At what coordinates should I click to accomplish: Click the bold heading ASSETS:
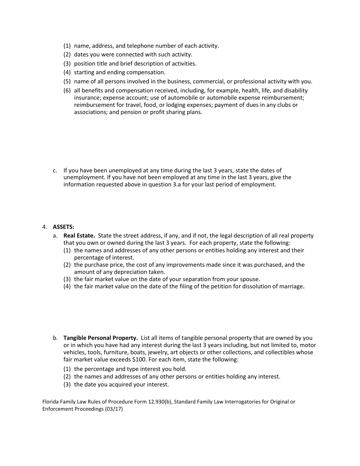tap(63, 227)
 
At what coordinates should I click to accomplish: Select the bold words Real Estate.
tap(79, 236)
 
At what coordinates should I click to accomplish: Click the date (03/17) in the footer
tap(114, 409)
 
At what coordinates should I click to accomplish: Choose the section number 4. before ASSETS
tap(45, 227)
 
